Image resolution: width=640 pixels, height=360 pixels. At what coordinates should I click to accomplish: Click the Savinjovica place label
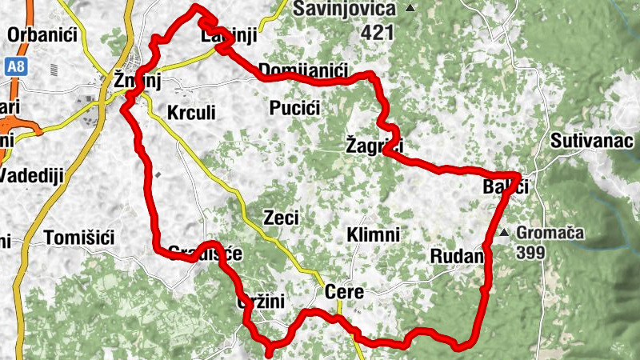click(x=345, y=9)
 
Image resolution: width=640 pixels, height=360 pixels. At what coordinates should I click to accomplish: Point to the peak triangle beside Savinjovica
click(x=410, y=9)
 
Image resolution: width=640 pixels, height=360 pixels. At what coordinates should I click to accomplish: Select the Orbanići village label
click(x=41, y=34)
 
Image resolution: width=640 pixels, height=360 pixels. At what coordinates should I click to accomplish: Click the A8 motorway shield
click(x=14, y=67)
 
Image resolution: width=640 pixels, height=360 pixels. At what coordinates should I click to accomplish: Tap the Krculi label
click(x=192, y=113)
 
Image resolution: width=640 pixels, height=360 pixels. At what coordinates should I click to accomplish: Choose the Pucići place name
click(x=295, y=107)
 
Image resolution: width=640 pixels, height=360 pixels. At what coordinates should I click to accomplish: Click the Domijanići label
click(x=304, y=71)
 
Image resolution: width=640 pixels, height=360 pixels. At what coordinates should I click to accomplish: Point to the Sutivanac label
click(x=594, y=142)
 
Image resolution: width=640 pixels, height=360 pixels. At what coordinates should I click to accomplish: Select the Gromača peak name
click(x=550, y=234)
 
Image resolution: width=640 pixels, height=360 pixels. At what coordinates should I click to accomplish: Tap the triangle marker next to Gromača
click(x=504, y=234)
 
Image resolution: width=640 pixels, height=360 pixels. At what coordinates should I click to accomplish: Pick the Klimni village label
click(x=373, y=235)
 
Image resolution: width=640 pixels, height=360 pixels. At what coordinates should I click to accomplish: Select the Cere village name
click(x=345, y=293)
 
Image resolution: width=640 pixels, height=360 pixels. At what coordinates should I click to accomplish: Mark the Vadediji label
click(x=32, y=175)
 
